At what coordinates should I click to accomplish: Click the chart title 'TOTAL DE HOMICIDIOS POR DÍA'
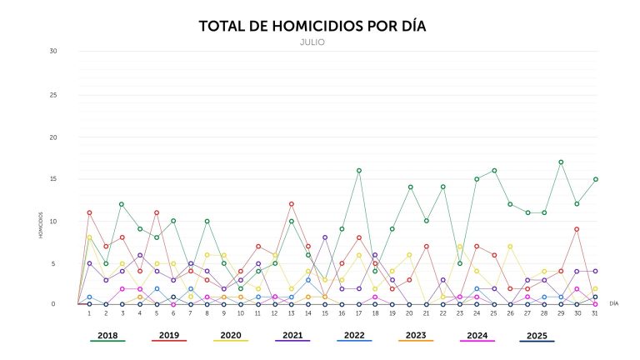tap(312, 26)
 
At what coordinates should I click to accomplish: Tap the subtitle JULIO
tap(312, 41)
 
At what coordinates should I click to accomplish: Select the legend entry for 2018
tap(107, 335)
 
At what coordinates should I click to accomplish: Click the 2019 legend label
tap(169, 335)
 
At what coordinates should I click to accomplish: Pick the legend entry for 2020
tap(231, 335)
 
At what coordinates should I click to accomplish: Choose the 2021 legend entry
tap(292, 335)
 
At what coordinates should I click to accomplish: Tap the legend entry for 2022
tap(354, 335)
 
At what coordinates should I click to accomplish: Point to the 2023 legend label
tap(416, 335)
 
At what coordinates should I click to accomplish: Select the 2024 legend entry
tap(477, 335)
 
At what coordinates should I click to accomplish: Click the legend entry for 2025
tap(537, 335)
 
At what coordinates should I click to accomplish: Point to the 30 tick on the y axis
tap(52, 51)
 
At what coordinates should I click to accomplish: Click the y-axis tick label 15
tap(52, 178)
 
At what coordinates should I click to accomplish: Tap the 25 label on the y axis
tap(52, 93)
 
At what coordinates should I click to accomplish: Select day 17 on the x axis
tap(358, 313)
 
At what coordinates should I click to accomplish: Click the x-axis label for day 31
tap(595, 313)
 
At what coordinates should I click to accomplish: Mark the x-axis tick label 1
tap(89, 313)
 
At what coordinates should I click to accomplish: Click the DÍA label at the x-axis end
tap(614, 304)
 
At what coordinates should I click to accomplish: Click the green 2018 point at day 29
tap(562, 162)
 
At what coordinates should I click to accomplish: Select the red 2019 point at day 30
tap(578, 229)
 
